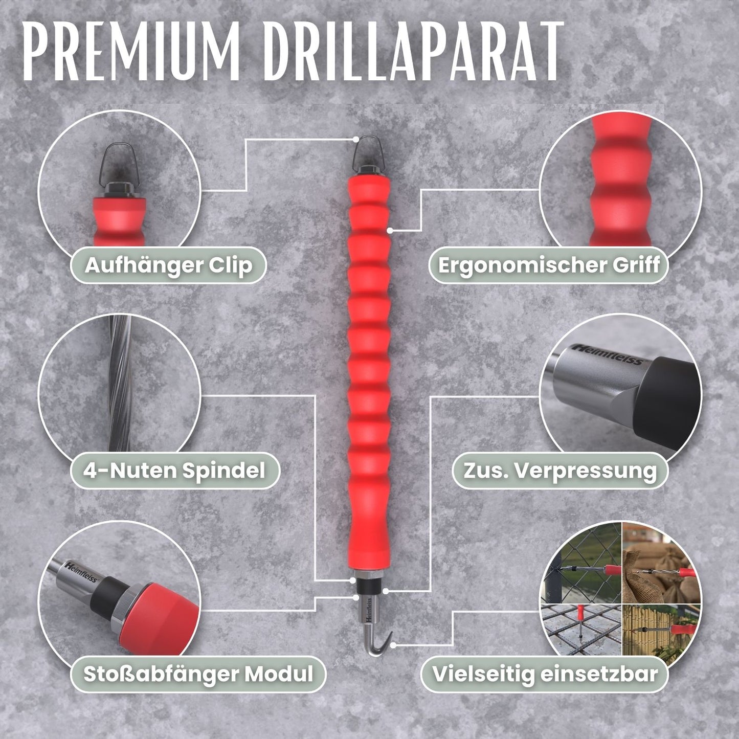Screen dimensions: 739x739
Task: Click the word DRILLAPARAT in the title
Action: (412, 51)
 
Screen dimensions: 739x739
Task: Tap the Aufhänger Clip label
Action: (168, 265)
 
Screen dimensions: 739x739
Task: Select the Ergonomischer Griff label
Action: (548, 265)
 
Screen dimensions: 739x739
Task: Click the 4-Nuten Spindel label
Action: (174, 470)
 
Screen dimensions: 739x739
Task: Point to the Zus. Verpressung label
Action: (560, 471)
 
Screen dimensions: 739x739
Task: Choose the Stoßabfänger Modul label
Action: (198, 674)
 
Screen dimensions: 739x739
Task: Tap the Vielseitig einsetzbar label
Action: (545, 674)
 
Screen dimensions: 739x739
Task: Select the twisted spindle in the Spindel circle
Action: (120, 384)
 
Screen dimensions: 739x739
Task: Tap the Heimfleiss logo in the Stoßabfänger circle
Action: (82, 573)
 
